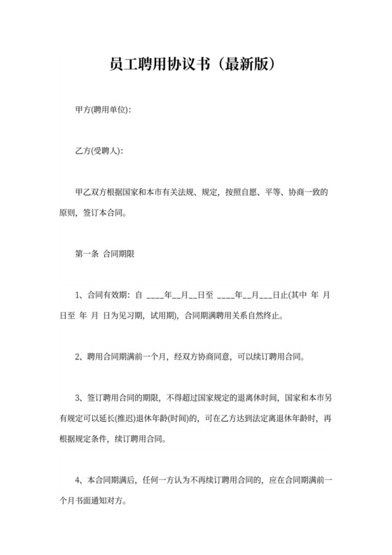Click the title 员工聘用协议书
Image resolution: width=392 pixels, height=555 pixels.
(157, 64)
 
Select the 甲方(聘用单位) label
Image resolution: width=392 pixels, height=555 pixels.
(103, 111)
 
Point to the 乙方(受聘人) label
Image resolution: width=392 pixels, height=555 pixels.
(99, 151)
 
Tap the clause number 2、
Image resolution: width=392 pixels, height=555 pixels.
(80, 356)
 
